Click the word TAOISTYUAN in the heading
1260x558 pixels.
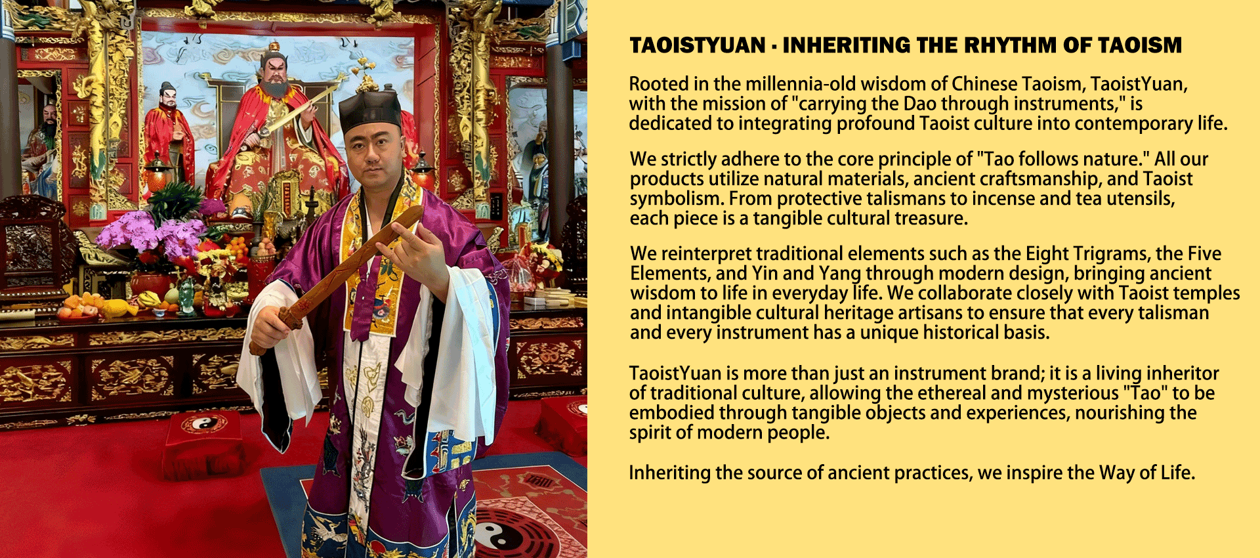698,45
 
